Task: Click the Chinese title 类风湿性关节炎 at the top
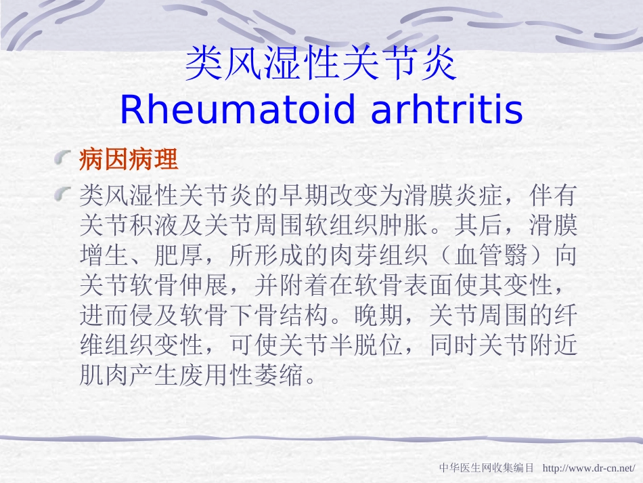pyautogui.click(x=321, y=64)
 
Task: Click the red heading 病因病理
pyautogui.click(x=129, y=160)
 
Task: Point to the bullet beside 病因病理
pyautogui.click(x=64, y=160)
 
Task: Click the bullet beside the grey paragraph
pyautogui.click(x=64, y=196)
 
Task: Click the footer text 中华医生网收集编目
pyautogui.click(x=487, y=468)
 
